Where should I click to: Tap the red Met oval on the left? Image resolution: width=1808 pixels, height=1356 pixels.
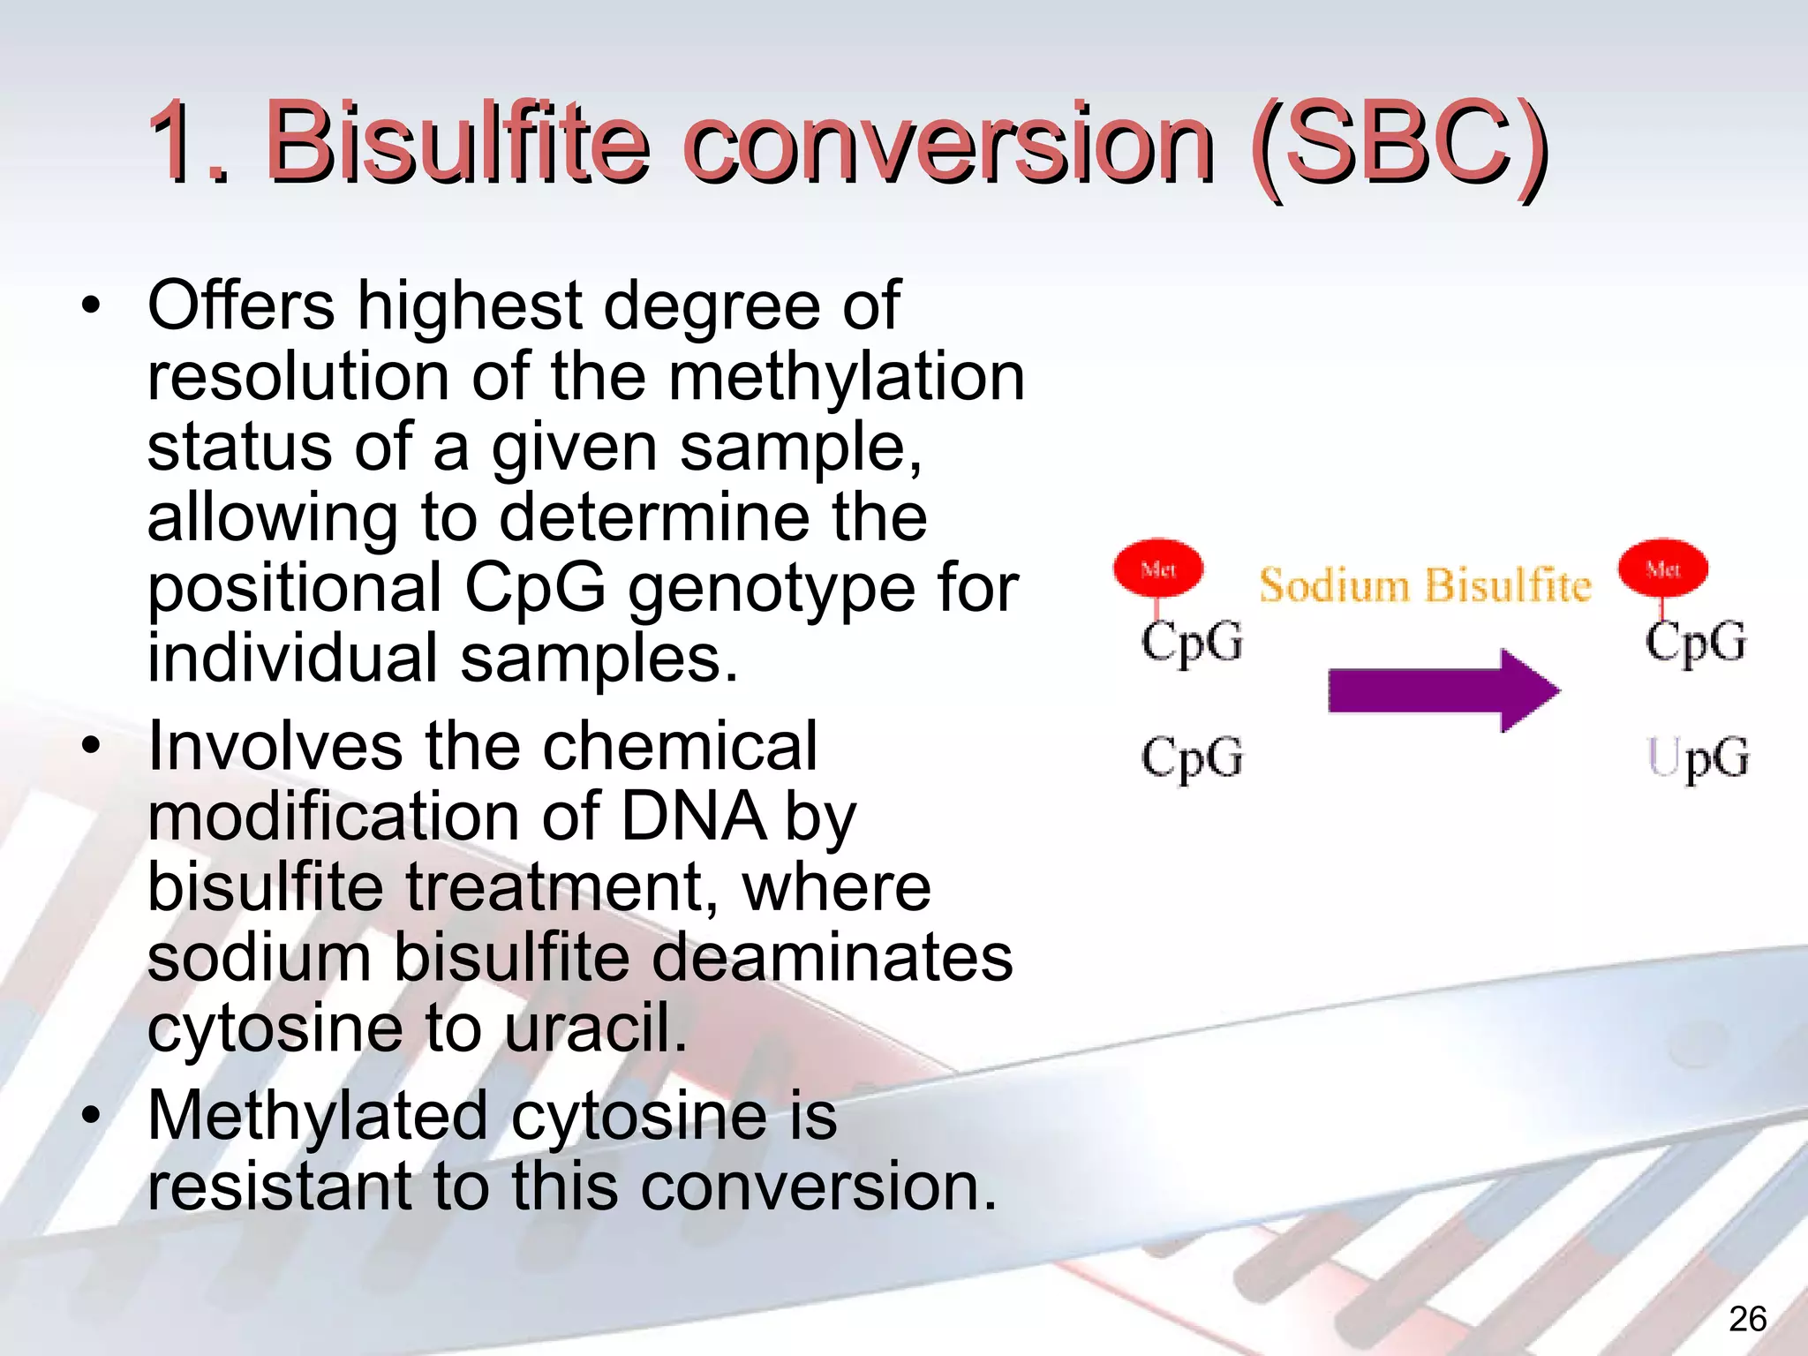1158,569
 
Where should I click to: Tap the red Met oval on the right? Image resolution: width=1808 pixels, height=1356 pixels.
1663,569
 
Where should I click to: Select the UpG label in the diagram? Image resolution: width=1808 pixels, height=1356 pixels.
1697,757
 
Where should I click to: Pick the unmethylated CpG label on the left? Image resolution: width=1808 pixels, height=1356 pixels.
1192,757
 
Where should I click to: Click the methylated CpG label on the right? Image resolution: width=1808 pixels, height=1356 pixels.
1695,642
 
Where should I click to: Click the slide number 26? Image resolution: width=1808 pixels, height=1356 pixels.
1747,1319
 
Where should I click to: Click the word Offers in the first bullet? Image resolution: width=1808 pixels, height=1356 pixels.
241,305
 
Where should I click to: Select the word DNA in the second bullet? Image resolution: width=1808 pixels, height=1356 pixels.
693,816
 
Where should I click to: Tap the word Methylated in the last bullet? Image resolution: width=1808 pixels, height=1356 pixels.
318,1116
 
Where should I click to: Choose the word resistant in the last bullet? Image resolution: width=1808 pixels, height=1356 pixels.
279,1186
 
